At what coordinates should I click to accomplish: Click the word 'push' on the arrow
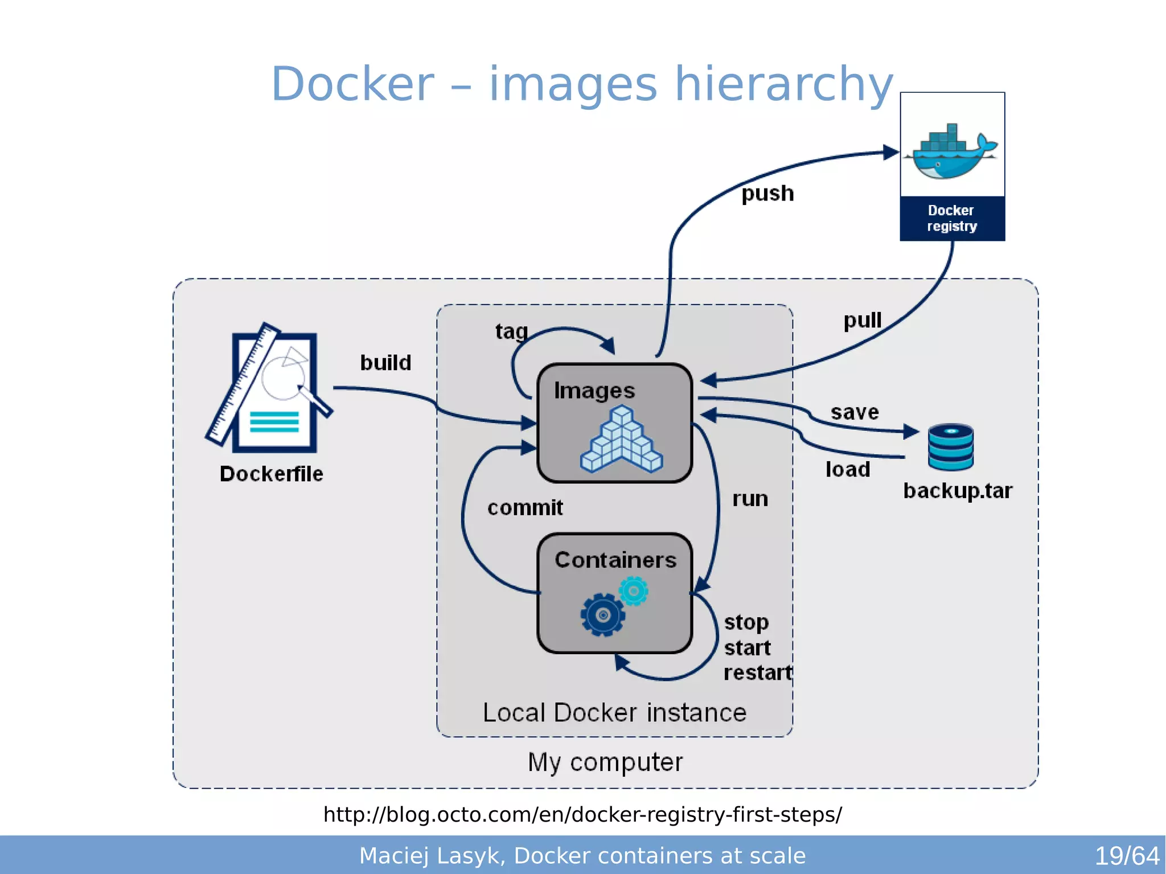[x=767, y=194]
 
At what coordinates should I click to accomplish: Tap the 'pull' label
[x=862, y=320]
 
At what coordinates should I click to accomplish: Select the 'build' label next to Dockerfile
[x=385, y=363]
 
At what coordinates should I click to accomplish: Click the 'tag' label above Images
[x=511, y=331]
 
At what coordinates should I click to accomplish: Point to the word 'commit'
[x=525, y=507]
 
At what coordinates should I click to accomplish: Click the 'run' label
[x=750, y=499]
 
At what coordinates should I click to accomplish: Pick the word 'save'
[x=854, y=412]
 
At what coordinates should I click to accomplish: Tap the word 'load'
[x=848, y=470]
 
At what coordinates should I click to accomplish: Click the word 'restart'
[x=757, y=673]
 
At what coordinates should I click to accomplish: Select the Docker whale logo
[x=952, y=153]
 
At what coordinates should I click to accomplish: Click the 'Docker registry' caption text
[x=952, y=219]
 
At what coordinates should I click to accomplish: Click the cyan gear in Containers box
[x=634, y=591]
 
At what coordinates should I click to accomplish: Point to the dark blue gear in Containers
[x=603, y=615]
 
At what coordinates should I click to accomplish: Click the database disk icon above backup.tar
[x=950, y=447]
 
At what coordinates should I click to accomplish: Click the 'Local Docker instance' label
[x=614, y=713]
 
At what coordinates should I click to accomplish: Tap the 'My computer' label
[x=605, y=762]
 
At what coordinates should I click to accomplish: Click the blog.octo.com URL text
[x=582, y=815]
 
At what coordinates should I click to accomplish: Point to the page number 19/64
[x=1127, y=856]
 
